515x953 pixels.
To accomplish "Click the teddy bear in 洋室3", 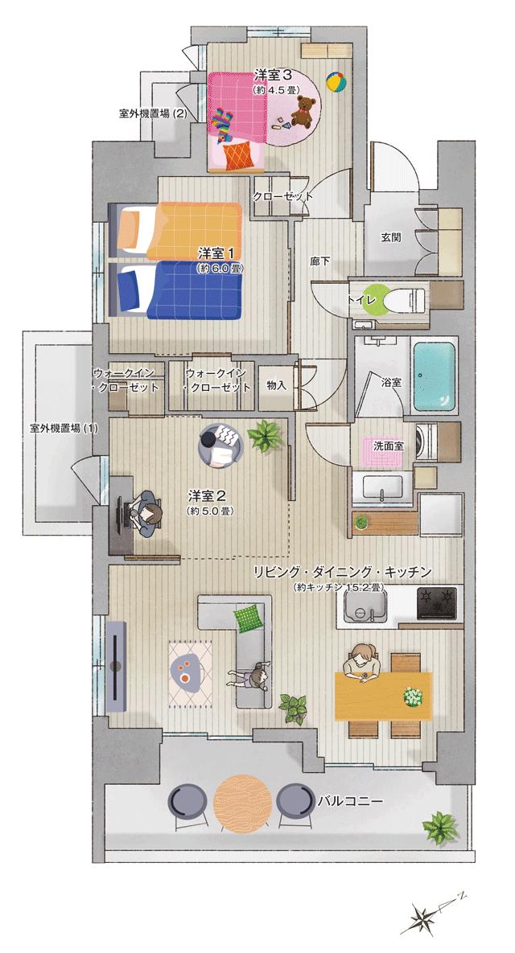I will pyautogui.click(x=303, y=112).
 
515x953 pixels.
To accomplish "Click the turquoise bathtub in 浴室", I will pyautogui.click(x=435, y=372).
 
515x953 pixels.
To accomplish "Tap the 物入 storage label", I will pyautogui.click(x=276, y=385).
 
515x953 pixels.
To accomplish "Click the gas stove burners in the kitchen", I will pyautogui.click(x=436, y=600).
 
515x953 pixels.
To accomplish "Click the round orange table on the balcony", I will pyautogui.click(x=245, y=802).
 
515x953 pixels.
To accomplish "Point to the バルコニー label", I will pyautogui.click(x=349, y=802).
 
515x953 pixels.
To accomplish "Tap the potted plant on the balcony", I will pyautogui.click(x=440, y=826).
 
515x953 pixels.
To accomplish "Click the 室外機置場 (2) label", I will pyautogui.click(x=153, y=113).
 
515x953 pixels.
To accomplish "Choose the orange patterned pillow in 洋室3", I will pyautogui.click(x=237, y=156).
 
